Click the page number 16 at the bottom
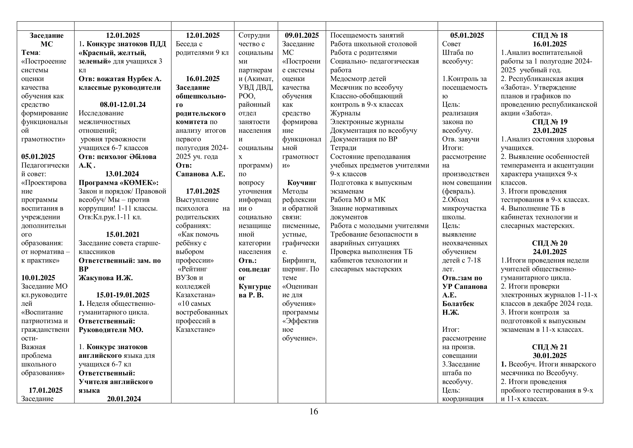coord(314,412)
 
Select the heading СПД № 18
coord(549,35)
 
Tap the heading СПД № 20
coord(549,243)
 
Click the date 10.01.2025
coord(38,278)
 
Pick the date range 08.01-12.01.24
coord(123,105)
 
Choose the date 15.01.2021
coord(123,235)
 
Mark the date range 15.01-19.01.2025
coord(123,295)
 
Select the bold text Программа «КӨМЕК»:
coord(119,183)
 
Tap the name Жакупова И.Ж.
coord(106,278)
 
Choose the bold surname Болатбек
coord(458,303)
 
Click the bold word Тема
coord(30,53)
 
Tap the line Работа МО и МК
coord(358,200)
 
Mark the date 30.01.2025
coord(549,355)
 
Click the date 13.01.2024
coord(122,174)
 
